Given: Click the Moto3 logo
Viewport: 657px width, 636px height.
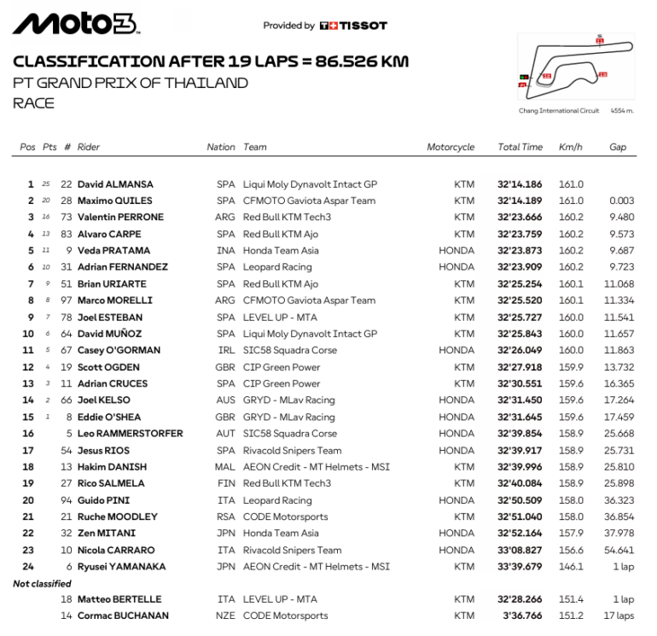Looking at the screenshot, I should [78, 24].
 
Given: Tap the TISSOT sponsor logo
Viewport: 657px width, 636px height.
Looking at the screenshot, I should [353, 26].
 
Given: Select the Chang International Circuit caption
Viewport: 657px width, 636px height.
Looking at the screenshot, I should [561, 111].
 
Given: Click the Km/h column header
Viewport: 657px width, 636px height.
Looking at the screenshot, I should [571, 147].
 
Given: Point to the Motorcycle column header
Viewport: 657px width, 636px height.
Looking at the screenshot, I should [451, 147].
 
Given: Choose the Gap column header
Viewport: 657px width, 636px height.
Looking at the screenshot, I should [618, 147].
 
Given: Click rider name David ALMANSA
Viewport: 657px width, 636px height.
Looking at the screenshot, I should [114, 184].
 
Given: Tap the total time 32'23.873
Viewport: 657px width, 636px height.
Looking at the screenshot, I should [520, 251].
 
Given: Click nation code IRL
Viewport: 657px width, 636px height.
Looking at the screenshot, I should [225, 351].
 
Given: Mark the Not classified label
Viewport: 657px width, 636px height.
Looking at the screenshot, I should [42, 583].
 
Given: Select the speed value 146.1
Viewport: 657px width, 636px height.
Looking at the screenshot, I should [571, 567].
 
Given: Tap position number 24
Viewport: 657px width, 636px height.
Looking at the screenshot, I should [29, 567].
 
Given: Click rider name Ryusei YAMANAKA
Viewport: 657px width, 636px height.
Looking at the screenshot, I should [121, 567].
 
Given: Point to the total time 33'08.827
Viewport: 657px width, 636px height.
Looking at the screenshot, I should [520, 551].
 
